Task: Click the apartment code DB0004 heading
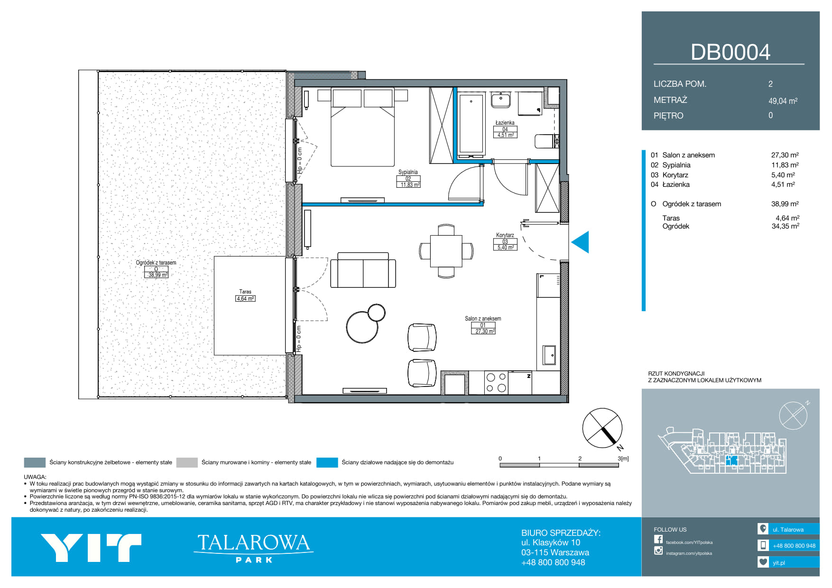pyautogui.click(x=730, y=52)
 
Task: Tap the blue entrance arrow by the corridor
pyautogui.click(x=580, y=242)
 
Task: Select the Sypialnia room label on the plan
pyautogui.click(x=408, y=172)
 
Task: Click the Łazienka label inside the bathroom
pyautogui.click(x=505, y=123)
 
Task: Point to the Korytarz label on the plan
pyautogui.click(x=505, y=235)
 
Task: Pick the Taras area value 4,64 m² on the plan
pyautogui.click(x=245, y=299)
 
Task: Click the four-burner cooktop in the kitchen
pyautogui.click(x=496, y=383)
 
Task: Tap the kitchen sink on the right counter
pyautogui.click(x=549, y=355)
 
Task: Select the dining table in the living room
pyautogui.click(x=446, y=251)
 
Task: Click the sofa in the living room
pyautogui.click(x=363, y=270)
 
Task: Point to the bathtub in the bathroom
pyautogui.click(x=471, y=125)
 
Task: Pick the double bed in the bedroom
pyautogui.click(x=363, y=127)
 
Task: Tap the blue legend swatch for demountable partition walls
pyautogui.click(x=327, y=462)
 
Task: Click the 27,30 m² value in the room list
pyautogui.click(x=785, y=155)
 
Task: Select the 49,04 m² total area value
pyautogui.click(x=783, y=101)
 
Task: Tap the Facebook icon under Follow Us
pyautogui.click(x=658, y=539)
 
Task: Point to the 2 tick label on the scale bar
pyautogui.click(x=580, y=459)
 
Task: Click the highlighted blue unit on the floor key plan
pyautogui.click(x=732, y=460)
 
